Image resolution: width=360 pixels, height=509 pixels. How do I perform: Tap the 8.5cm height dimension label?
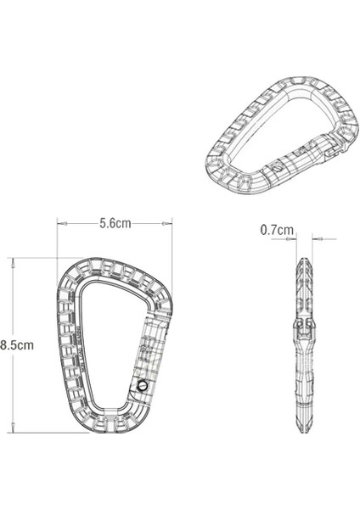[x=17, y=344]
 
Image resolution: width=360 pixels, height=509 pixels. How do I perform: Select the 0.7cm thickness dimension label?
[x=277, y=229]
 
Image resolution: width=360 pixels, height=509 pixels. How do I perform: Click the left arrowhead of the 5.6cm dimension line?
[x=59, y=223]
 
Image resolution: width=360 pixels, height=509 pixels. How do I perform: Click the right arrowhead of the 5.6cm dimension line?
[x=170, y=223]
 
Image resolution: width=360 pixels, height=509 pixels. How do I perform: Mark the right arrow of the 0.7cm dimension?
[x=312, y=239]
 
